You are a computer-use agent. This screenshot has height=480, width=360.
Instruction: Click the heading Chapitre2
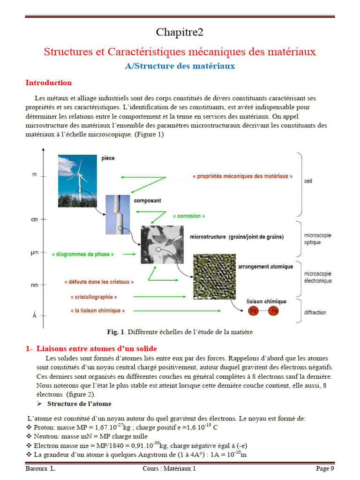pos(180,32)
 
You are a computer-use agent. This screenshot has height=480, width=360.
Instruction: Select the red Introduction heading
pos(49,83)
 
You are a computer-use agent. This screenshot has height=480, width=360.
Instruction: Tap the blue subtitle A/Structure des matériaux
pos(180,66)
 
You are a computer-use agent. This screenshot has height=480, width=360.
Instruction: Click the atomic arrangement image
pos(214,277)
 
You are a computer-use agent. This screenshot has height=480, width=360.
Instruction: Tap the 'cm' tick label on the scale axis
pos(34,219)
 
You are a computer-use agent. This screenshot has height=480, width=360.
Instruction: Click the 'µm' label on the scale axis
pos(34,253)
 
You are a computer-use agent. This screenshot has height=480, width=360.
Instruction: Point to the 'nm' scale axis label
pos(34,285)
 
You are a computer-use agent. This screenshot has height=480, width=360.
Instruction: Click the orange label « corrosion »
pos(189,216)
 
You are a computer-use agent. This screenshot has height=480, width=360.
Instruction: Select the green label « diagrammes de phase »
pos(83,254)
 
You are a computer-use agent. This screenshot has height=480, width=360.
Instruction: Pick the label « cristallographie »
pos(93,297)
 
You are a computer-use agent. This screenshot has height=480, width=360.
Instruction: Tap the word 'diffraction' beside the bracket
pos(315,312)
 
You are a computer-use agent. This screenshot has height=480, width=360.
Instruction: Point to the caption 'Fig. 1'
pos(116,332)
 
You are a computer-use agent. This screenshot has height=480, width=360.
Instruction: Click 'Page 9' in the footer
pos(325,468)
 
